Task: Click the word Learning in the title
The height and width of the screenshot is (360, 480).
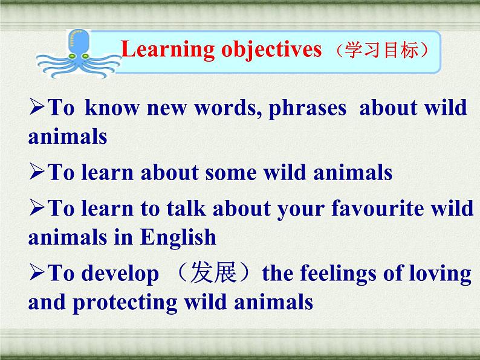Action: click(167, 50)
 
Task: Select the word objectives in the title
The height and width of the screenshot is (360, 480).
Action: click(271, 50)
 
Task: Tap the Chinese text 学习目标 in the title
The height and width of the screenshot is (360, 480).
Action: click(381, 50)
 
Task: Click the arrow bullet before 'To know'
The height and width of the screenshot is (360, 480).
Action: click(37, 106)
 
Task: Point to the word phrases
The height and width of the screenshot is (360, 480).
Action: click(307, 109)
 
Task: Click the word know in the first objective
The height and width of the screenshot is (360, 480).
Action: click(112, 108)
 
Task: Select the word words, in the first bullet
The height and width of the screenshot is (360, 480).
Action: click(228, 108)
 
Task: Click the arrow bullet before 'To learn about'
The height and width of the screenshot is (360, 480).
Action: click(37, 171)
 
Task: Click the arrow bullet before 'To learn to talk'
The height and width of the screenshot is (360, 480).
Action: click(37, 207)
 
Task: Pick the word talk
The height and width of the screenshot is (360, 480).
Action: click(186, 208)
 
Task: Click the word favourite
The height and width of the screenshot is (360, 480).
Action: click(377, 208)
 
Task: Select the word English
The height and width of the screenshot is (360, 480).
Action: click(178, 237)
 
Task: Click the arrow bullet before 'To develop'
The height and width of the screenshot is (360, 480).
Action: click(37, 272)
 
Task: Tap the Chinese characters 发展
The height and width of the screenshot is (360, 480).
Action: click(213, 272)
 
